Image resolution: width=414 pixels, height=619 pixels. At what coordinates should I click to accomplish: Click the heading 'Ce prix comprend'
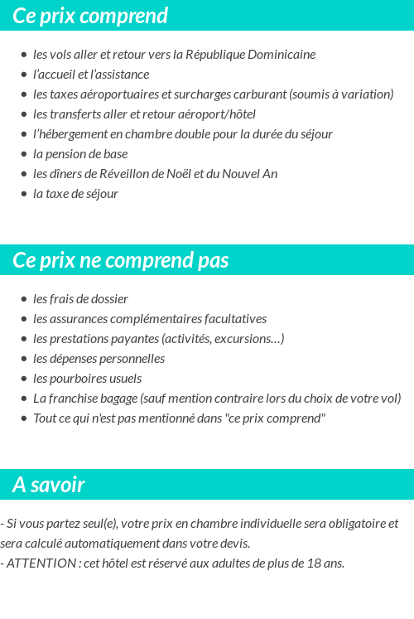tap(90, 16)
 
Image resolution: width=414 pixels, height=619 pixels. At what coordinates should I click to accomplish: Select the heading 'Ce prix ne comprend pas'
tap(121, 260)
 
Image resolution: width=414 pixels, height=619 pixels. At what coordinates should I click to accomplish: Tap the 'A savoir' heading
tap(49, 485)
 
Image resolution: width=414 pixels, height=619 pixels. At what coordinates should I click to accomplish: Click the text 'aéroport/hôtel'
tap(217, 114)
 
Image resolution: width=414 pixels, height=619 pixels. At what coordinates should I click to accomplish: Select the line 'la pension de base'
tap(80, 154)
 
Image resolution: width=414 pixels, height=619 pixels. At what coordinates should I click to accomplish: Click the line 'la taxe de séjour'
tap(75, 194)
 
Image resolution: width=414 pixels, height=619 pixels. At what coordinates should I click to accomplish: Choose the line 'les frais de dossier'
tap(80, 299)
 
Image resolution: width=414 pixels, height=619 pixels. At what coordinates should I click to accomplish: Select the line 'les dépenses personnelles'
tap(99, 359)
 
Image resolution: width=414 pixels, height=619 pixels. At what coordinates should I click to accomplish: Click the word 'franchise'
tap(75, 399)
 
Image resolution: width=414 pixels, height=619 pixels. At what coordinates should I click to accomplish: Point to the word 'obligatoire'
tap(349, 524)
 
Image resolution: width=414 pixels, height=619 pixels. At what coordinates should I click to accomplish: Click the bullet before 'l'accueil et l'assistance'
tap(24, 75)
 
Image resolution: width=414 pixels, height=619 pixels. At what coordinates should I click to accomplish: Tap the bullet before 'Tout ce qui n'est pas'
tap(24, 418)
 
